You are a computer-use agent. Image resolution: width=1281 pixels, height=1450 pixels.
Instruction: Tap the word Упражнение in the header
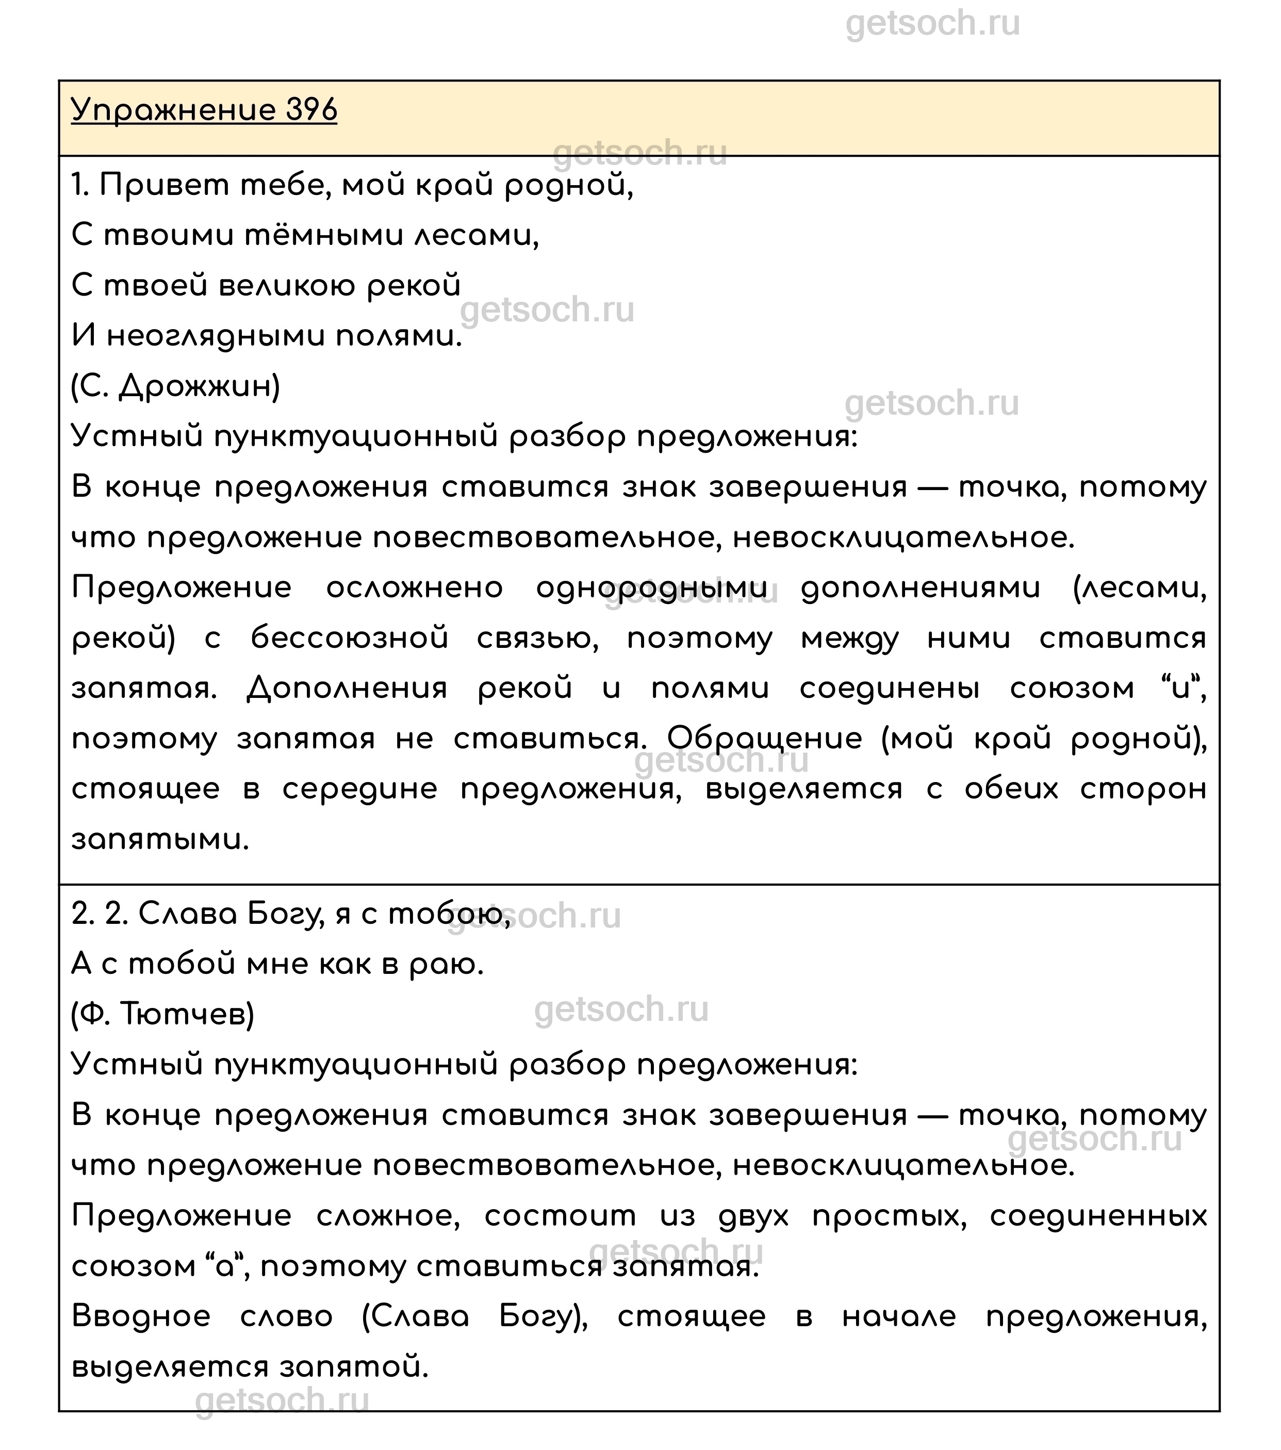[x=174, y=111]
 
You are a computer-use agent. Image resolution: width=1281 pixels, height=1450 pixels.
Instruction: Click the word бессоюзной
[x=350, y=639]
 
